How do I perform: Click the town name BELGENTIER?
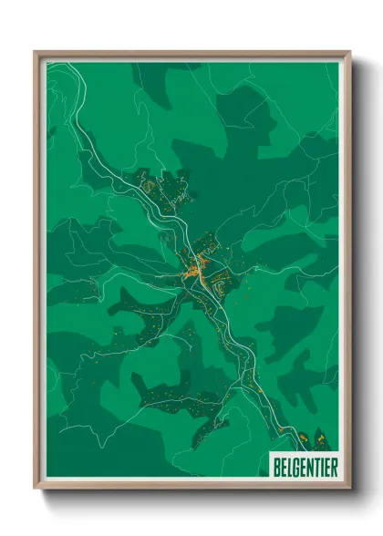click(x=305, y=466)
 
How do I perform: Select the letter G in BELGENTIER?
click(x=296, y=466)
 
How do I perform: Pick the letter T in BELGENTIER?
click(x=316, y=466)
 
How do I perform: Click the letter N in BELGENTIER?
click(x=309, y=466)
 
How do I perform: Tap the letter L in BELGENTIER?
click(x=290, y=466)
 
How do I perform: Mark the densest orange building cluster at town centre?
click(x=192, y=271)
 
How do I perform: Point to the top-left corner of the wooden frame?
click(x=36, y=52)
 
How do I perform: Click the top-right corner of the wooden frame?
click(x=349, y=52)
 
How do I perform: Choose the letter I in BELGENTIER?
click(x=321, y=466)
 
